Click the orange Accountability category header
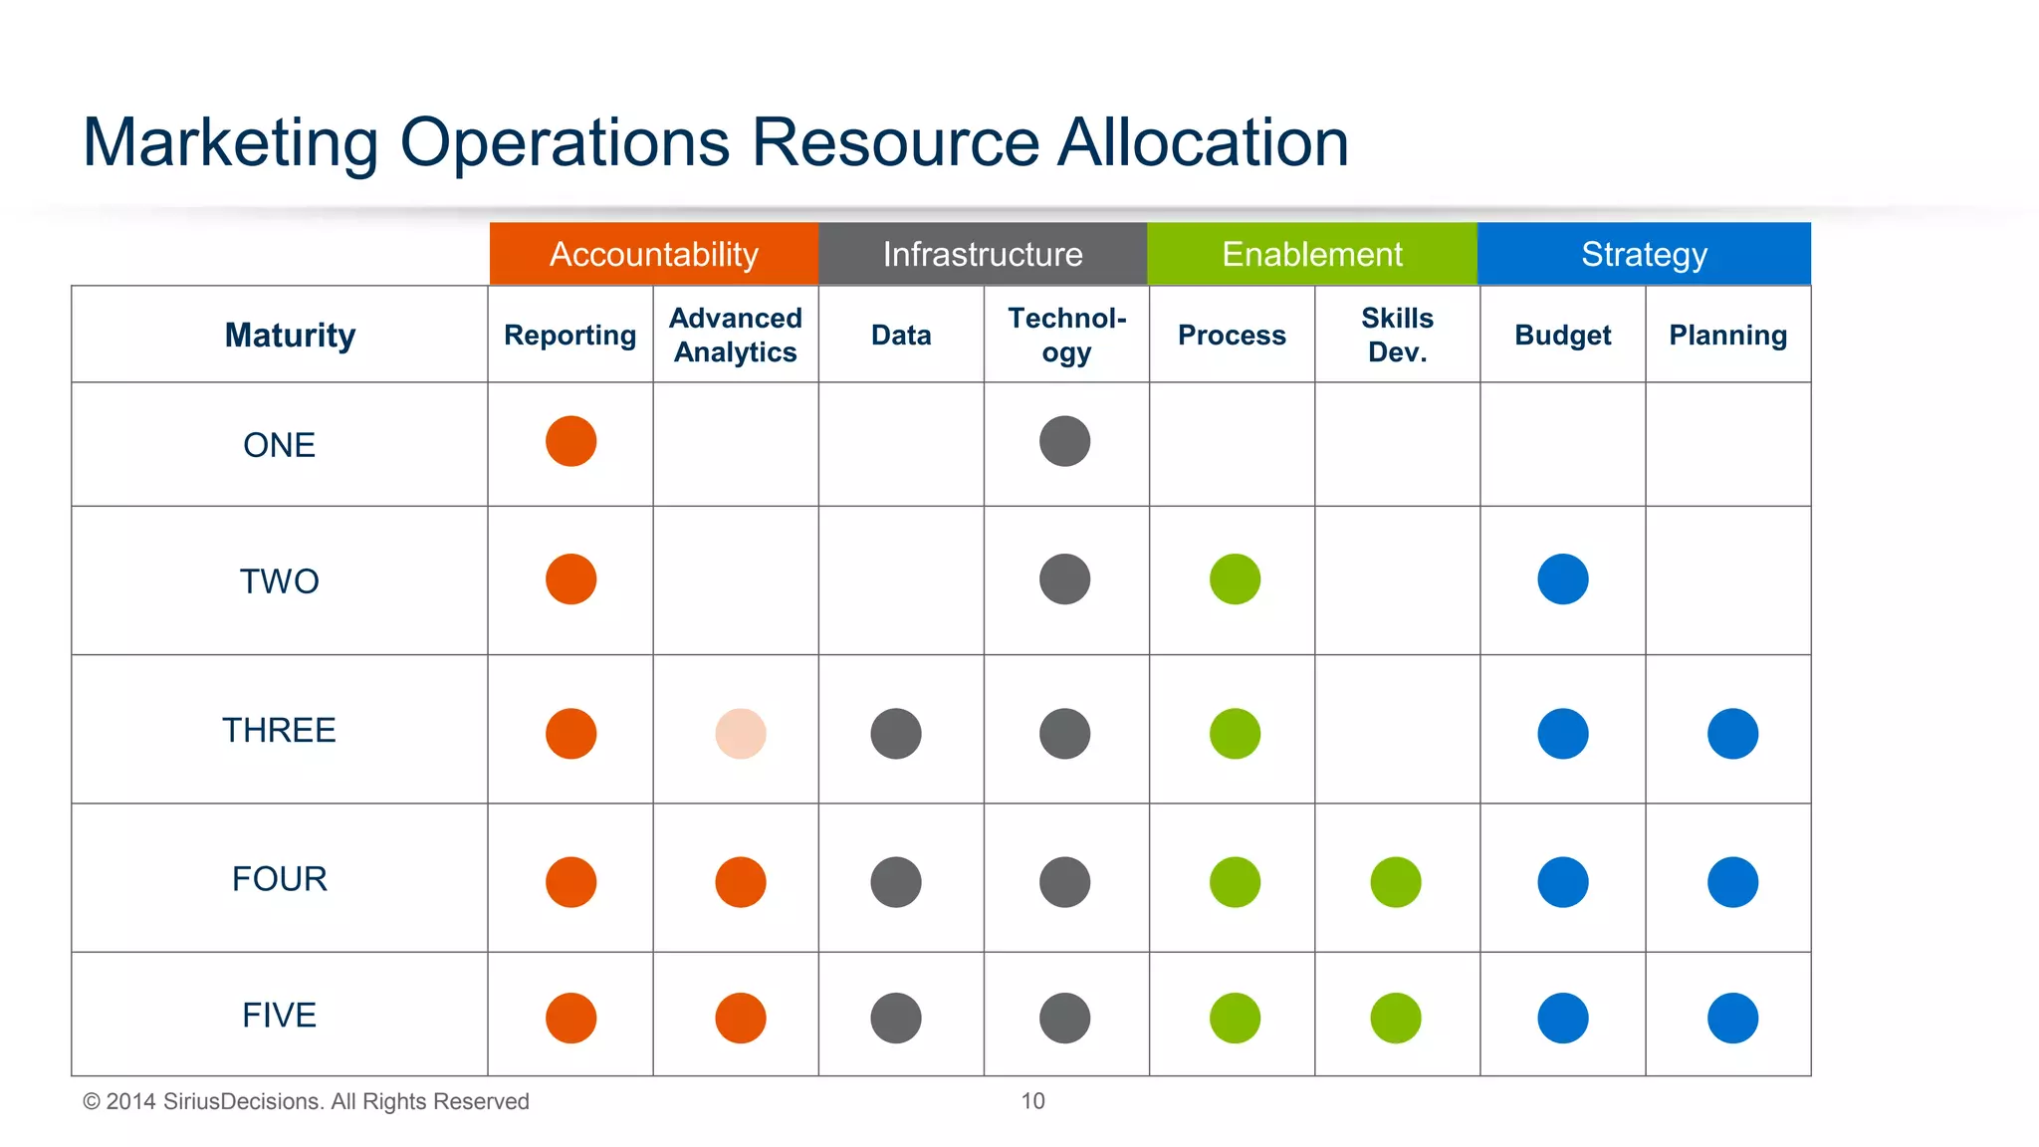(653, 254)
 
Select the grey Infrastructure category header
(982, 254)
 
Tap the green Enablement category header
(1311, 254)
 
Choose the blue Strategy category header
(1644, 254)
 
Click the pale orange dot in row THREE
(741, 734)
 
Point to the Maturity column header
(290, 336)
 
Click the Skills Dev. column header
(1397, 335)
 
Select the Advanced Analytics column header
(735, 335)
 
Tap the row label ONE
(279, 445)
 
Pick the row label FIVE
(279, 1016)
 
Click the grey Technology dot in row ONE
(1064, 441)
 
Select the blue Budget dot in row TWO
(1562, 579)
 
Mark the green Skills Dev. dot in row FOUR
(1395, 882)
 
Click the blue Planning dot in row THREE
(1732, 734)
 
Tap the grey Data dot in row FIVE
(895, 1019)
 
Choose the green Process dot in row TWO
(1235, 579)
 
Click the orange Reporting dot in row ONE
(570, 441)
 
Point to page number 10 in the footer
(1032, 1101)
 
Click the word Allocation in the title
(1203, 142)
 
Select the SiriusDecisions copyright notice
(306, 1101)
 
